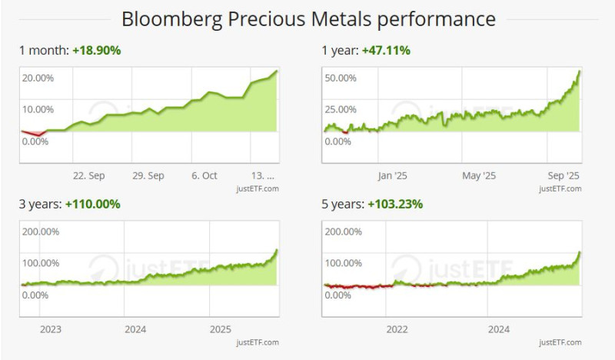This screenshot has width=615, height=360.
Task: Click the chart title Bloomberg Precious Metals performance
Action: tap(307, 18)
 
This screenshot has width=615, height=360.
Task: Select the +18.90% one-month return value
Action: tap(96, 50)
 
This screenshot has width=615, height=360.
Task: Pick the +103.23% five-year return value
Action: tap(395, 204)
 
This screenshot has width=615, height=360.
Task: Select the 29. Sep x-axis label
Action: tap(148, 175)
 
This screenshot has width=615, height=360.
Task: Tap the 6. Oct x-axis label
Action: tap(204, 175)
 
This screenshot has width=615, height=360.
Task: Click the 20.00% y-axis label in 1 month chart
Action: tap(38, 78)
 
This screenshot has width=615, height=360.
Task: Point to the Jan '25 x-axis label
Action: tap(392, 175)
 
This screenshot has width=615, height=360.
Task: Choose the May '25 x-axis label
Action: tap(480, 175)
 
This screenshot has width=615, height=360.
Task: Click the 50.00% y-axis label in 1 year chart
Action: tap(341, 78)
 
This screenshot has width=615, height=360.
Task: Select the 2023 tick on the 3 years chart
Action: tap(51, 329)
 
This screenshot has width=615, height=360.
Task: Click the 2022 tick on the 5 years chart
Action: tap(397, 329)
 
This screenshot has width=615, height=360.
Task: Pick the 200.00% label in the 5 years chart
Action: tap(344, 232)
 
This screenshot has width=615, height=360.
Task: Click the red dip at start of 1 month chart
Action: tap(35, 133)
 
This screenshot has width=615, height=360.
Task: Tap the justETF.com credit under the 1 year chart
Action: tap(560, 188)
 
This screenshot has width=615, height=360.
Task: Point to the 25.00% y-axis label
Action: tap(341, 108)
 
